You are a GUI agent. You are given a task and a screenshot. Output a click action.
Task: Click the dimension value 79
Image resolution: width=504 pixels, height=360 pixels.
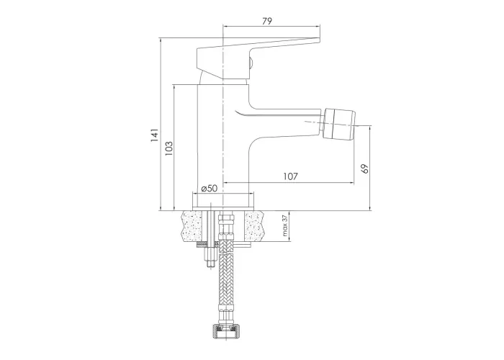coord(267,21)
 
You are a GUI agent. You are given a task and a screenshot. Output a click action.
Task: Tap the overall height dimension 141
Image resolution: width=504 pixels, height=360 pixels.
coord(155,135)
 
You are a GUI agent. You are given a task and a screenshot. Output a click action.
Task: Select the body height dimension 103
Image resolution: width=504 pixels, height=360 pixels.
coord(168,148)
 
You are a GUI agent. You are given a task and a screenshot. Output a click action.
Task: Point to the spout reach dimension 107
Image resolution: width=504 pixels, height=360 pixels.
coord(291,176)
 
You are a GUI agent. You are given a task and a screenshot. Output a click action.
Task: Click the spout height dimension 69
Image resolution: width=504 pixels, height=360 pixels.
coord(364,168)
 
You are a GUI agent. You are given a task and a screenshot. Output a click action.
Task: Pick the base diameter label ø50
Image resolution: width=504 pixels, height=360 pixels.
coord(210,189)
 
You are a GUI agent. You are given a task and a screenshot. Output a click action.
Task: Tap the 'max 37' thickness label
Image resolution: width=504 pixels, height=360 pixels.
coord(284,225)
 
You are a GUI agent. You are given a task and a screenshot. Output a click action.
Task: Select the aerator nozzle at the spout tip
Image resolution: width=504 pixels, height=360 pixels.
coord(338,123)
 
